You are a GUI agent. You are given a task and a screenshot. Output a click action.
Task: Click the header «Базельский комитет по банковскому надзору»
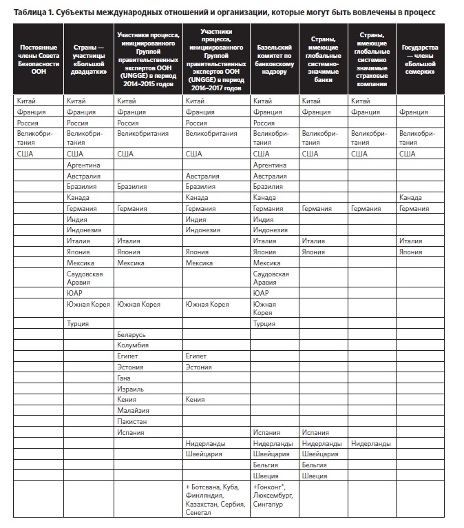pyautogui.click(x=275, y=60)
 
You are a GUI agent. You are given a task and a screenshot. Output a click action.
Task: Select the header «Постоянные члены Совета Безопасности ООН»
pyautogui.click(x=39, y=60)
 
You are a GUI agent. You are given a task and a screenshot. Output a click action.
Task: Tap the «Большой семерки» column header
pyautogui.click(x=419, y=60)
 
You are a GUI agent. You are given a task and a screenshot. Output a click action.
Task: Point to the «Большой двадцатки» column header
pyautogui.click(x=88, y=60)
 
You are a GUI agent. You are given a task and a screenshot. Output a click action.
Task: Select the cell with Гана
pyautogui.click(x=125, y=378)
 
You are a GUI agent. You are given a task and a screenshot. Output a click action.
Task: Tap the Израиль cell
pyautogui.click(x=130, y=389)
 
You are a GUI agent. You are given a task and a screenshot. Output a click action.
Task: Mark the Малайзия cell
pyautogui.click(x=134, y=410)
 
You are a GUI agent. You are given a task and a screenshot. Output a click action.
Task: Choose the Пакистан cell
pyautogui.click(x=132, y=421)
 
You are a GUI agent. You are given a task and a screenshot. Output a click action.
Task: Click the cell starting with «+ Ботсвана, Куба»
pyautogui.click(x=215, y=500)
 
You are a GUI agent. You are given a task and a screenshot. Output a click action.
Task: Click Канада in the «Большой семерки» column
pyautogui.click(x=411, y=198)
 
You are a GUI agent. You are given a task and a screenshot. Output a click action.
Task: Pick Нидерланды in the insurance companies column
pyautogui.click(x=371, y=443)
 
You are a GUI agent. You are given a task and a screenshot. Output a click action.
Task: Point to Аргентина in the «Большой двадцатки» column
pyautogui.click(x=83, y=165)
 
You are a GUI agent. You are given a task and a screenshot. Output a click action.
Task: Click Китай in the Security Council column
pyautogui.click(x=26, y=101)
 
